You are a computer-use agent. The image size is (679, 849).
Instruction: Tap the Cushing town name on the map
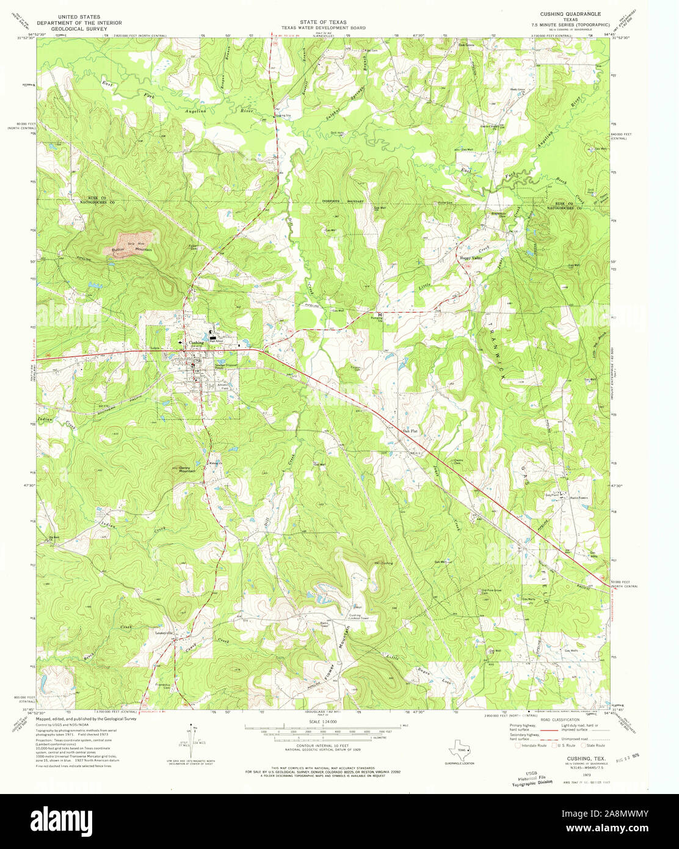coord(197,343)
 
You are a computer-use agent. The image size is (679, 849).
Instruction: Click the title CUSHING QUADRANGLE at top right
coord(570,13)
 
